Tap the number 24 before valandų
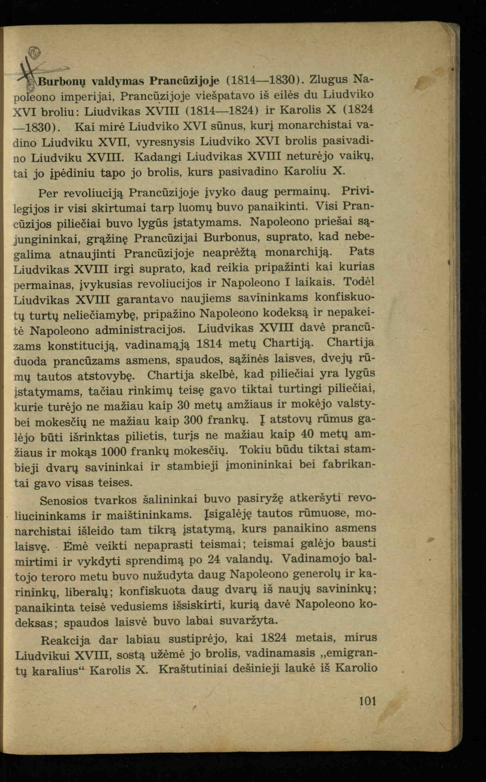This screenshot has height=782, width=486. [215, 560]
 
